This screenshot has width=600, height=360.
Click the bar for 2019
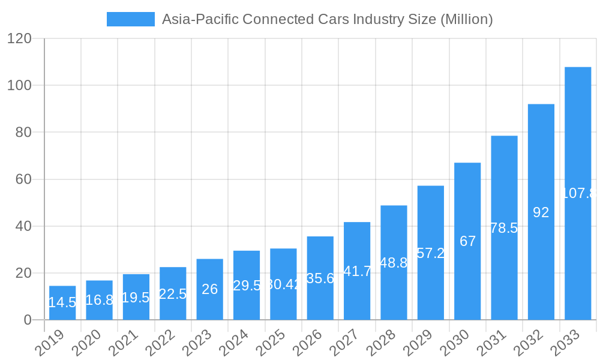coord(62,303)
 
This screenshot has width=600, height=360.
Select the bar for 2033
coord(578,193)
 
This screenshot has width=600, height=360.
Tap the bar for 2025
coord(283,284)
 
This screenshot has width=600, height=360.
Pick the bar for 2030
coord(467,241)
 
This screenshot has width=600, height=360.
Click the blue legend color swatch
coord(130,19)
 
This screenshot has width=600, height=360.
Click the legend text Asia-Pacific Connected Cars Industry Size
coord(327,19)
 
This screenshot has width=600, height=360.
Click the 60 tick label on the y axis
coord(23,179)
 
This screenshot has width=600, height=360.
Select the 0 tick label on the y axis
coord(28,320)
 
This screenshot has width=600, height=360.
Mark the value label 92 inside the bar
coord(541,212)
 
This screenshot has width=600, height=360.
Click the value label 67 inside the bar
coord(467,241)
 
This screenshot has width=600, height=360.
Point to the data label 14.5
coord(62,302)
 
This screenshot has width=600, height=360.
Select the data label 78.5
coord(504,228)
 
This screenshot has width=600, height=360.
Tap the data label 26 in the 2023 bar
coord(209,289)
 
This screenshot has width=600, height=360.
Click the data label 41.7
coord(357,271)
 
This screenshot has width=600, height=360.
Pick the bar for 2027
coord(357,271)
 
